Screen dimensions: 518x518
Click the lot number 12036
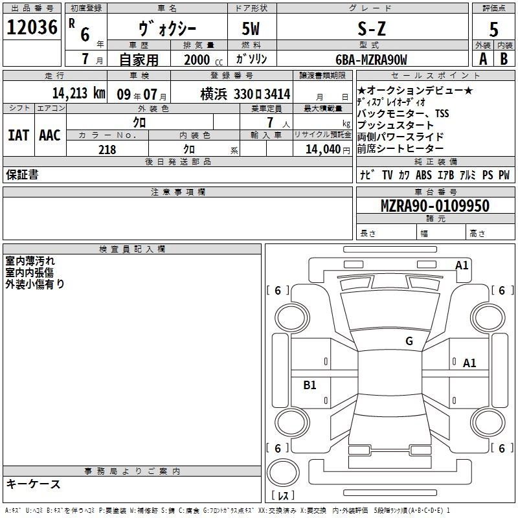(x=32, y=27)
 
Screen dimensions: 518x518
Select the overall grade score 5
(x=493, y=29)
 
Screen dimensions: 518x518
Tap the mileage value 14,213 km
(x=79, y=93)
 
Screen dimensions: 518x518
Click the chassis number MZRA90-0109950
(x=434, y=205)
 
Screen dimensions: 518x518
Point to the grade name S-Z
(x=372, y=28)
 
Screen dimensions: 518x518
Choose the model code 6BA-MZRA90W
(x=371, y=60)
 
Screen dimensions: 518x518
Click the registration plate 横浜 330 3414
(x=245, y=94)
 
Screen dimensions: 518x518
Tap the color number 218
(x=107, y=150)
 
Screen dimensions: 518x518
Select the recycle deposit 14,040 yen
(x=328, y=150)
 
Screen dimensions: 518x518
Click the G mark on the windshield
(x=409, y=341)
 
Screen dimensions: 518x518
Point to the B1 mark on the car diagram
(x=310, y=385)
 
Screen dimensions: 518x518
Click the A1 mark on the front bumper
(x=462, y=265)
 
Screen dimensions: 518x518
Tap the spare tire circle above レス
(x=283, y=473)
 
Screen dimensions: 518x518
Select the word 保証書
(x=22, y=174)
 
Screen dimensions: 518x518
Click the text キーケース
(x=34, y=484)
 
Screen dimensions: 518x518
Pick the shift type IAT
(x=19, y=135)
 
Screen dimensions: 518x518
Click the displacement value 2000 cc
(x=203, y=60)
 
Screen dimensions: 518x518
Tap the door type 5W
(x=251, y=28)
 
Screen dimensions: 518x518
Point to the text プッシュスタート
(x=395, y=125)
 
